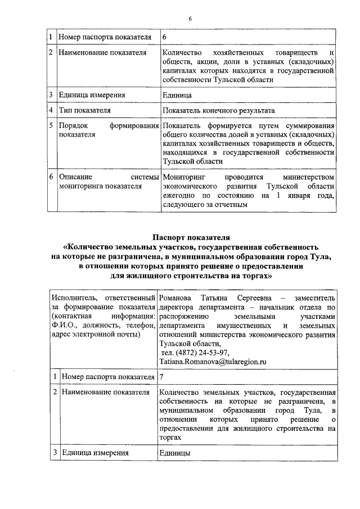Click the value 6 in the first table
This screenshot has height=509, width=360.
pyautogui.click(x=164, y=37)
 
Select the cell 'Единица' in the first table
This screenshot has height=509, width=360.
pyautogui.click(x=176, y=95)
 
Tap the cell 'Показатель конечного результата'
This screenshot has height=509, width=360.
pyautogui.click(x=218, y=111)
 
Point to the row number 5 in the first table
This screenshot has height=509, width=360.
pyautogui.click(x=51, y=125)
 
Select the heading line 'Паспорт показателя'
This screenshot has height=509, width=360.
pyautogui.click(x=191, y=237)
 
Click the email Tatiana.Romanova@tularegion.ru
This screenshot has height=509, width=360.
pyautogui.click(x=212, y=363)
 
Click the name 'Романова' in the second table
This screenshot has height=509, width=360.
pyautogui.click(x=175, y=297)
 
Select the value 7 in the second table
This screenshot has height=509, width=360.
pyautogui.click(x=162, y=376)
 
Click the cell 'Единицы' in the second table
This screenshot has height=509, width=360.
pyautogui.click(x=174, y=452)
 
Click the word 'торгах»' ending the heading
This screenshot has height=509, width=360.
pyautogui.click(x=255, y=276)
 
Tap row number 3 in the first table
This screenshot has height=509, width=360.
pyautogui.click(x=51, y=95)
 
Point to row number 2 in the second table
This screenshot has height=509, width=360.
pyautogui.click(x=54, y=391)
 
